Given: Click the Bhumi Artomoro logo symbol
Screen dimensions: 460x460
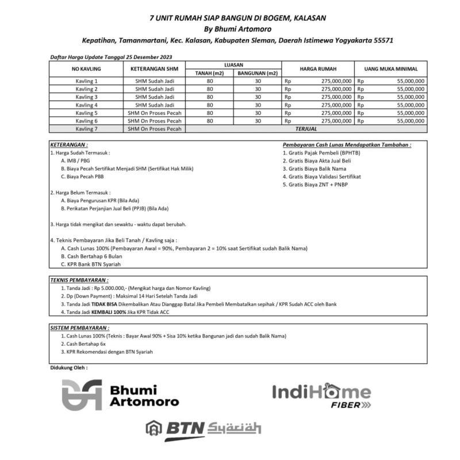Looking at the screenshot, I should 82,394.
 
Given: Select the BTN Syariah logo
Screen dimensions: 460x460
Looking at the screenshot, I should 204,428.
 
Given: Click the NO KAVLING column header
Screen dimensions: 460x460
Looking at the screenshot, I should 86,69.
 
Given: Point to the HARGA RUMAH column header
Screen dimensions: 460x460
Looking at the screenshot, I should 318,69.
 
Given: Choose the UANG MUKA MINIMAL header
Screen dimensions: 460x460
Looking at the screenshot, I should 391,69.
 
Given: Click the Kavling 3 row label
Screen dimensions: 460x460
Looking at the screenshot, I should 86,97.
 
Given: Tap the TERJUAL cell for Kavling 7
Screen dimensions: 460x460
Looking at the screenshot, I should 306,129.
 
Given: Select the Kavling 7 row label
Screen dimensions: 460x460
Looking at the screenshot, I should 86,129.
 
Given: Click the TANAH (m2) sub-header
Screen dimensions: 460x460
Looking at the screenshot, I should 209,73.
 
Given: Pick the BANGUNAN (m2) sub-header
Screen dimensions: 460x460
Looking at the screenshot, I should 258,73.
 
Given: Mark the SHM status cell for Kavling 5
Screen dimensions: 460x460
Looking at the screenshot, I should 154,113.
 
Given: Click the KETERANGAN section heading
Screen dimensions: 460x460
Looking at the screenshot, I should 68,145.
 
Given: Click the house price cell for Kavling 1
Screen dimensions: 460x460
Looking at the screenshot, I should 318,81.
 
